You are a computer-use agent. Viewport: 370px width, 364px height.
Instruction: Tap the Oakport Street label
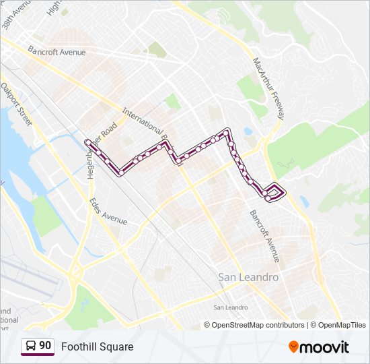[16, 104]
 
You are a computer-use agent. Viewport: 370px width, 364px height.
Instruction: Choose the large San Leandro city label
[248, 277]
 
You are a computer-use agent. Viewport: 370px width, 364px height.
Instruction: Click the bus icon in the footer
[31, 346]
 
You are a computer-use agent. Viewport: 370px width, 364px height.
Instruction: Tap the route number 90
[45, 346]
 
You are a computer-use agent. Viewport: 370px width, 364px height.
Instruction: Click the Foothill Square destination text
[97, 346]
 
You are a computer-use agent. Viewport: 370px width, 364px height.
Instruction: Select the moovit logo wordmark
[325, 347]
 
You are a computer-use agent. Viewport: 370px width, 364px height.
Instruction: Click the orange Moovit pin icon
[294, 346]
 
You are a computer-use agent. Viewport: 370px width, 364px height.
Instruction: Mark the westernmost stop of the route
[87, 142]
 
